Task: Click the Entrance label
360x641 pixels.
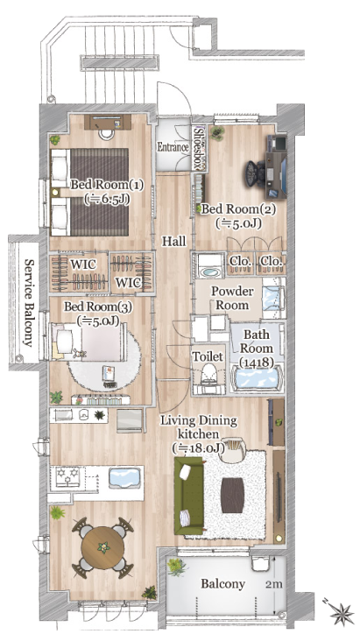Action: (x=173, y=147)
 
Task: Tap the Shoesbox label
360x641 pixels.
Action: (x=200, y=148)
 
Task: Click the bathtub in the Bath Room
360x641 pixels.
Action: (x=257, y=377)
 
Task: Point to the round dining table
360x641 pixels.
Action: (x=103, y=547)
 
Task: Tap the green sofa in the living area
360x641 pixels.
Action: (x=188, y=496)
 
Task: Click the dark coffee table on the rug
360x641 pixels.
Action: (x=232, y=495)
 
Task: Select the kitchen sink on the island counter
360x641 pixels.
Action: (x=124, y=478)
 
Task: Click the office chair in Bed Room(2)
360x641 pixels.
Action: (x=256, y=173)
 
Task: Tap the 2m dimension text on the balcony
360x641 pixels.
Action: (x=273, y=584)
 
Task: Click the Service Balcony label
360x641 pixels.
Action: (x=29, y=302)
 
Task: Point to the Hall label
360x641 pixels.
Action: (x=173, y=241)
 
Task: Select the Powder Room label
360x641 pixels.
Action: (x=232, y=299)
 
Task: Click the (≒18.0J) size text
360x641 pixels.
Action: (x=199, y=448)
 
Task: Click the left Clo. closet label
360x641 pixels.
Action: (x=240, y=260)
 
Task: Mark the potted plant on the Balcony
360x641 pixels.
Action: (x=177, y=567)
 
